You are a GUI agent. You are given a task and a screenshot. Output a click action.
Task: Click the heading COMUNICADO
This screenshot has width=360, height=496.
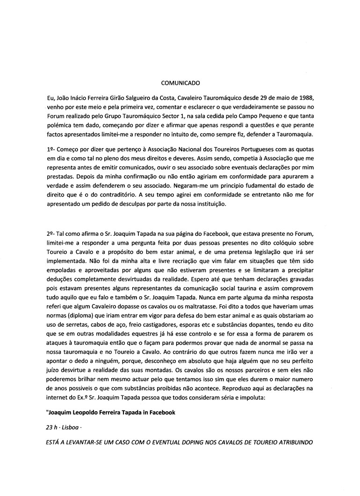(x=180, y=84)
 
